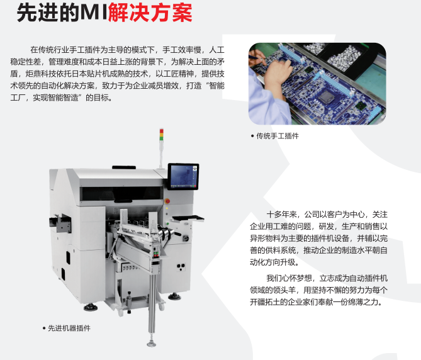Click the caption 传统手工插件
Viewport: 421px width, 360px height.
pos(277,135)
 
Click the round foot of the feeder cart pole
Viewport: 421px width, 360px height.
pos(152,343)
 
